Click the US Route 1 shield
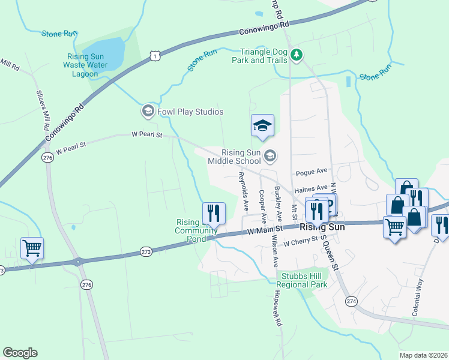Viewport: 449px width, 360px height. [x=155, y=56]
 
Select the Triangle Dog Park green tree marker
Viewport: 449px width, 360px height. [x=296, y=55]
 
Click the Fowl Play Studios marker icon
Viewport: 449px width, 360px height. [x=148, y=112]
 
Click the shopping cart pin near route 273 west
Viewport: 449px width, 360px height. [x=32, y=247]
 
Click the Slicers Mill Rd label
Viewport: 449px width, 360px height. [x=42, y=111]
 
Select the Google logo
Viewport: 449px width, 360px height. [x=20, y=353]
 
